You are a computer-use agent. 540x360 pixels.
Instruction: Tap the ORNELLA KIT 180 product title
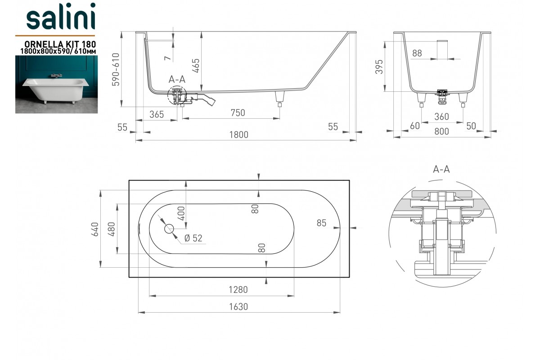[x=60, y=44]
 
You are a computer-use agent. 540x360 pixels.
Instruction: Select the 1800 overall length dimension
[x=238, y=135]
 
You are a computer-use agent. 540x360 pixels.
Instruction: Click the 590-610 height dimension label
[x=116, y=69]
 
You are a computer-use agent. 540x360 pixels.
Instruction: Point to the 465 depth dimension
[x=196, y=66]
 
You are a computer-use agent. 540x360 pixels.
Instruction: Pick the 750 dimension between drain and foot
[x=238, y=113]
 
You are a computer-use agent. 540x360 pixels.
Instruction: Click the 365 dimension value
[x=157, y=114]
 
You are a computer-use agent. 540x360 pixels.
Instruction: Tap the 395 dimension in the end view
[x=379, y=67]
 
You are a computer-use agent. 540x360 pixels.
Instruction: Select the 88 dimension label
[x=417, y=53]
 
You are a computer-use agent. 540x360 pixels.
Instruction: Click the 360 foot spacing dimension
[x=441, y=117]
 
